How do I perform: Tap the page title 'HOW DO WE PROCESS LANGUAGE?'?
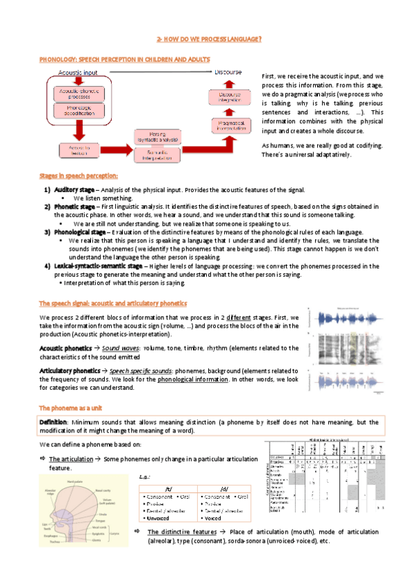pos(209,40)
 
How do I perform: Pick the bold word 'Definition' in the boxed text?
pos(52,421)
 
